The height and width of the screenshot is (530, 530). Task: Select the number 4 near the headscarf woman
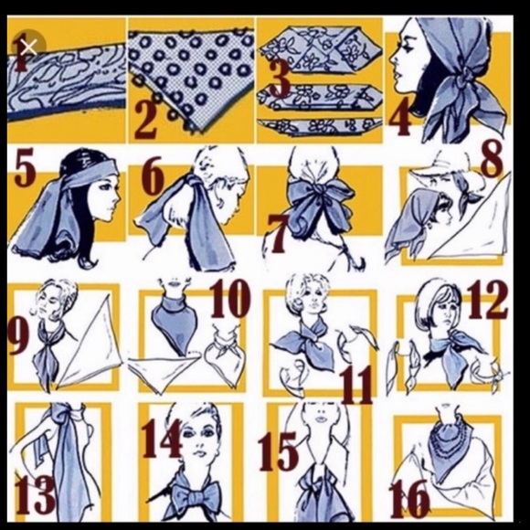[400, 117]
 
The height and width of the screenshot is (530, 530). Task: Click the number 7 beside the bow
[277, 234]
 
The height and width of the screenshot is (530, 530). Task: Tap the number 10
[230, 299]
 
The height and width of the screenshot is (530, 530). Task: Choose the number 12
[487, 300]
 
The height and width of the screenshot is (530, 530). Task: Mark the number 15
[278, 452]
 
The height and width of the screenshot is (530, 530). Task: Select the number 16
[409, 499]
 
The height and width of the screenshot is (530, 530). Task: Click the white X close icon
[28, 47]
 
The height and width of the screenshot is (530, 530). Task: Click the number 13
[35, 494]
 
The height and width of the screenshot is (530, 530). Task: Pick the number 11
[357, 385]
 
